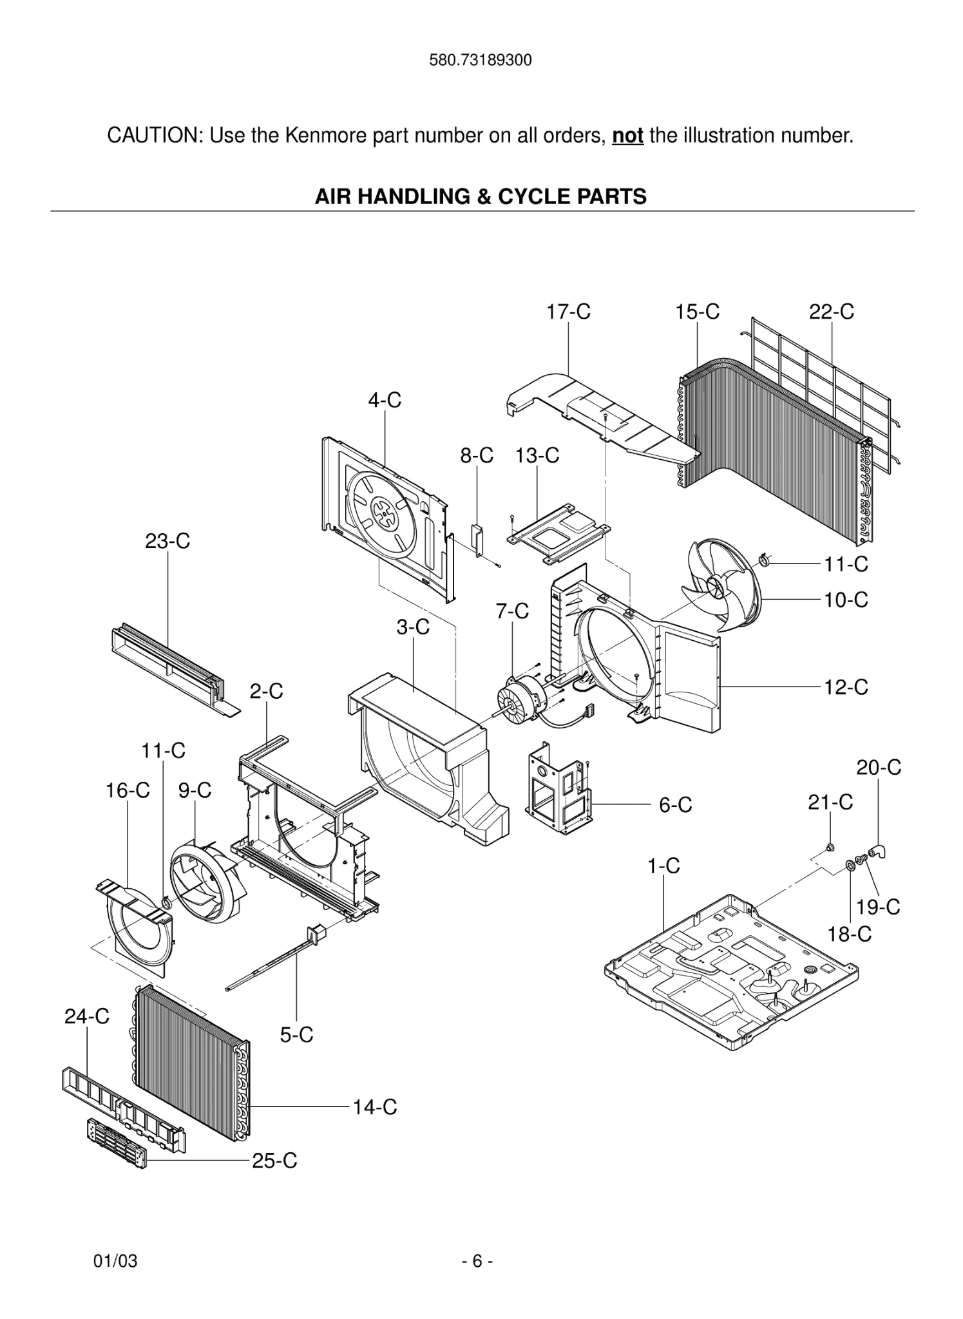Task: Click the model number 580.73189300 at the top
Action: pos(480,61)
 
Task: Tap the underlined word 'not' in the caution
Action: pos(627,136)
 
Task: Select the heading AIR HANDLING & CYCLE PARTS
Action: pos(481,196)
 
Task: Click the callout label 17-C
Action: pos(568,312)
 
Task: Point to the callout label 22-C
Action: pos(831,312)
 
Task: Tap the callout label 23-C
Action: pos(167,541)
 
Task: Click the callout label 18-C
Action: pos(849,934)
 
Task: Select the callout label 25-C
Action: pos(274,1161)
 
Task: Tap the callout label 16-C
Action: pos(128,790)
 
